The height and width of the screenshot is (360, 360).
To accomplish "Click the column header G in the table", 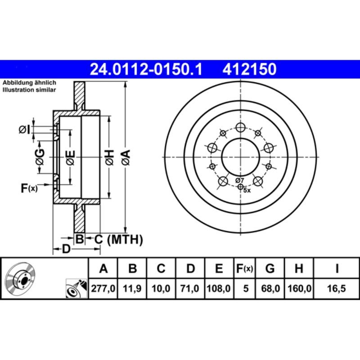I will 270,269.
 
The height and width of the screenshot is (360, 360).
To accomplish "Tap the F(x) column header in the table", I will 245,269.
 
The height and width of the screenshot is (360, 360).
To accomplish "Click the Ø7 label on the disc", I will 239,180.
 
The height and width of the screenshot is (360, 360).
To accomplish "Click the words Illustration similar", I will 29,90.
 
